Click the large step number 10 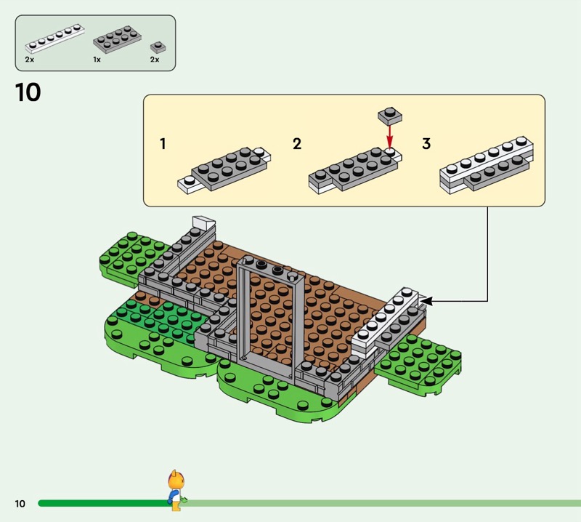pyautogui.click(x=28, y=92)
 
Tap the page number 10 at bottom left pyautogui.click(x=20, y=503)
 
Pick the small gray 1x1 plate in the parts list pyautogui.click(x=155, y=47)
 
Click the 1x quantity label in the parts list pyautogui.click(x=97, y=60)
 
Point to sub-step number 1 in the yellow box pyautogui.click(x=163, y=144)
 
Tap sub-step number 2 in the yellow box pyautogui.click(x=296, y=144)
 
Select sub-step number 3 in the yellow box pyautogui.click(x=426, y=144)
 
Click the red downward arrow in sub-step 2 pyautogui.click(x=389, y=135)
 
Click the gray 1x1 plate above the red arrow pyautogui.click(x=389, y=115)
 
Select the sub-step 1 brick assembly pyautogui.click(x=224, y=169)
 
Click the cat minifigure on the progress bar pyautogui.click(x=174, y=487)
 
